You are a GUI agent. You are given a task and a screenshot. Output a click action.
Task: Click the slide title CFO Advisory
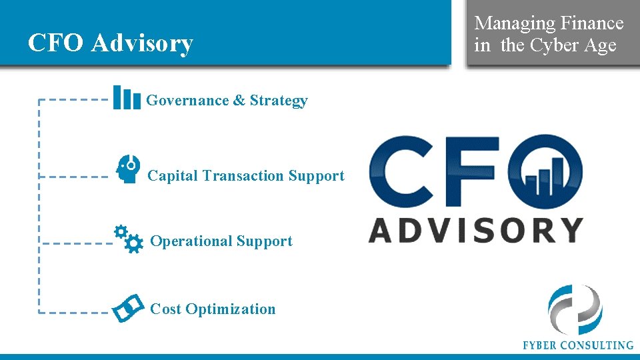pyautogui.click(x=111, y=43)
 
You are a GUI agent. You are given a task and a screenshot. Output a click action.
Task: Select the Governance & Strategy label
pyautogui.click(x=227, y=101)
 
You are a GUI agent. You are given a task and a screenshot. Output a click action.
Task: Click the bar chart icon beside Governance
pyautogui.click(x=126, y=97)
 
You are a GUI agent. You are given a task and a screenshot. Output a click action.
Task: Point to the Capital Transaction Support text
pyautogui.click(x=245, y=176)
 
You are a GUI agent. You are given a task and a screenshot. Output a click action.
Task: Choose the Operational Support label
pyautogui.click(x=221, y=241)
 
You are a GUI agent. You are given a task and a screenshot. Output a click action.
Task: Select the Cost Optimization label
pyautogui.click(x=213, y=309)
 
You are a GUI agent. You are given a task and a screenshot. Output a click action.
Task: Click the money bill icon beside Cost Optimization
pyautogui.click(x=128, y=307)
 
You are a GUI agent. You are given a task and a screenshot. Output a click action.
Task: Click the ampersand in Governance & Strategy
pyautogui.click(x=239, y=101)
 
